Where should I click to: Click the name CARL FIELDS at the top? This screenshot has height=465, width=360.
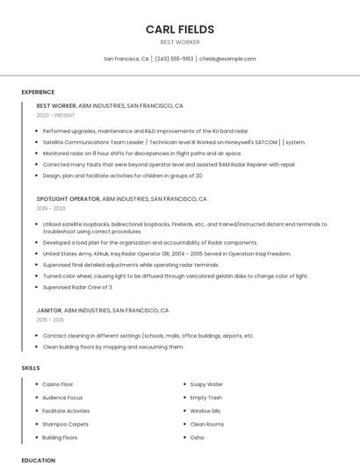180,29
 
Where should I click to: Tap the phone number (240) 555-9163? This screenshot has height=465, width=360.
174,59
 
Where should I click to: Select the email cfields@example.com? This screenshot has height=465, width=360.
227,59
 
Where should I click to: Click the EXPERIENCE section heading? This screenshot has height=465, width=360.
38,92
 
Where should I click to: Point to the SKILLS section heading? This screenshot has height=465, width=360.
31,368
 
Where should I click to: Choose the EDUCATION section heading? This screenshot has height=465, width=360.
38,460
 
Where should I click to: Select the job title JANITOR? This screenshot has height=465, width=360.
49,311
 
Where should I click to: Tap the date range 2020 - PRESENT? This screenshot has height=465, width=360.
55,115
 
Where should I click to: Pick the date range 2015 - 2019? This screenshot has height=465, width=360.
51,320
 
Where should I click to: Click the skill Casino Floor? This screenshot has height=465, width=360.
58,384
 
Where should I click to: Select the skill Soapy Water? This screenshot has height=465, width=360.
206,384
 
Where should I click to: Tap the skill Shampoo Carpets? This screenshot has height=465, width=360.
65,424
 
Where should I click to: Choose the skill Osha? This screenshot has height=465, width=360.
197,437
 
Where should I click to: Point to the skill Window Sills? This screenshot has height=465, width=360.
205,411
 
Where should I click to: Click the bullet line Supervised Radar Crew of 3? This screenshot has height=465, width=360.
77,287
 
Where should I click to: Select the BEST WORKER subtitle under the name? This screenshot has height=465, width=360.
180,42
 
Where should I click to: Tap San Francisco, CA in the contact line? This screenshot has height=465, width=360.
126,59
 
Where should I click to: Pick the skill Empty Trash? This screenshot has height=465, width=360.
206,397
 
